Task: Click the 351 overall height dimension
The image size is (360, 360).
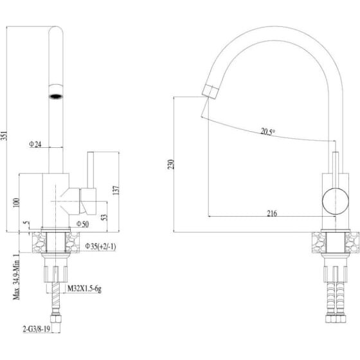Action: point(4,136)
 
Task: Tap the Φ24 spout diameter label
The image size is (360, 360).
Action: point(35,144)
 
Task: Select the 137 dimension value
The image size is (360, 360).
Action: point(116,190)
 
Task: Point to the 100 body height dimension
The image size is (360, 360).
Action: point(16,203)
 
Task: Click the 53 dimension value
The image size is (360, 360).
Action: point(104,217)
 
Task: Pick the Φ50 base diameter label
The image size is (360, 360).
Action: point(82,224)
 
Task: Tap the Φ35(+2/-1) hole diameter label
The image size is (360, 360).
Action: point(100,246)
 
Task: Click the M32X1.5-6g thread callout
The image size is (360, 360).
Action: point(84,289)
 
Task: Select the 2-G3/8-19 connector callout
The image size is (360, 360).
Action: point(37,329)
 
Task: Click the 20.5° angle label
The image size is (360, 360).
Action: point(267,132)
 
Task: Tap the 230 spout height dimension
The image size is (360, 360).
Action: point(171,165)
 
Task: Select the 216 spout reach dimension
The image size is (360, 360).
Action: point(272,213)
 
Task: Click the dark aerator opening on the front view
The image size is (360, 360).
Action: point(56,96)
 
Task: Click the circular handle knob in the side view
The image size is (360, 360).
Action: point(336,201)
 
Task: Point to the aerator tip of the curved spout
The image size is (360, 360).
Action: point(210,91)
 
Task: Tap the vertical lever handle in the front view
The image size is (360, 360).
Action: point(91,170)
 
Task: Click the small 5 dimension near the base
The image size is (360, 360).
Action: point(27,222)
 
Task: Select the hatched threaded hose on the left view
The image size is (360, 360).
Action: point(56,296)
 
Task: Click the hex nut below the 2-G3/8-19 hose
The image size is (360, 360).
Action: point(56,319)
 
